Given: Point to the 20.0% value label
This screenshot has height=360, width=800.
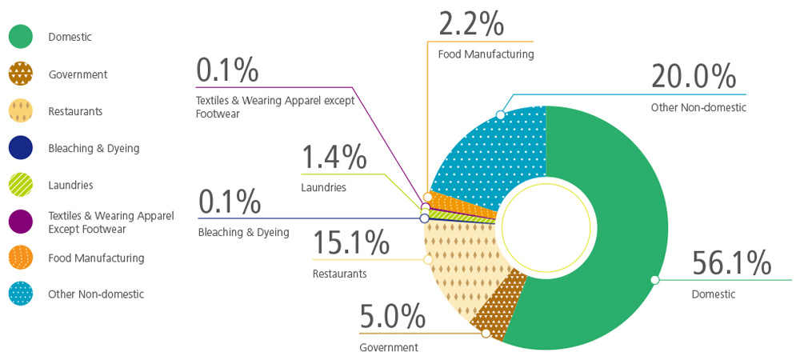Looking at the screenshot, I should (x=693, y=77).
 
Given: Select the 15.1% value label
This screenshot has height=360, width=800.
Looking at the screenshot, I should (x=350, y=242).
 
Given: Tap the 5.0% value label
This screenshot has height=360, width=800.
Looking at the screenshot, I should (x=392, y=317).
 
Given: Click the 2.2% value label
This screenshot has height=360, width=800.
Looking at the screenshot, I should (x=471, y=23).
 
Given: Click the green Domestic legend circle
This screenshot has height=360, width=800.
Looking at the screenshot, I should (x=21, y=37).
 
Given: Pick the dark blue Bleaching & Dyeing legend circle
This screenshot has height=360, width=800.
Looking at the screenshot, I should (x=21, y=148).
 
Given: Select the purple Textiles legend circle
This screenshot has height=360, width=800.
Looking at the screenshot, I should (x=21, y=222).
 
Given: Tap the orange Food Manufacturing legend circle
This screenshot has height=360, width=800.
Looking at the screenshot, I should (x=21, y=258).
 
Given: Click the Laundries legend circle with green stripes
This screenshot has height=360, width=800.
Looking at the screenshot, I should (x=21, y=185).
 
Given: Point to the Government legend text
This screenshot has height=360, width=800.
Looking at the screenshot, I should (x=78, y=74).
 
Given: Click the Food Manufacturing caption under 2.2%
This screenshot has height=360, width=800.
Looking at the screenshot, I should (x=486, y=54).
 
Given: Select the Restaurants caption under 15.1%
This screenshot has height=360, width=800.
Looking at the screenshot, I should (x=339, y=274).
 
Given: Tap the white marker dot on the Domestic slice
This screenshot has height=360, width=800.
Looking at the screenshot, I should (x=654, y=280).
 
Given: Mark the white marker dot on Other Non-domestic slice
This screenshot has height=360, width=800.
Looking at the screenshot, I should (x=501, y=114).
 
